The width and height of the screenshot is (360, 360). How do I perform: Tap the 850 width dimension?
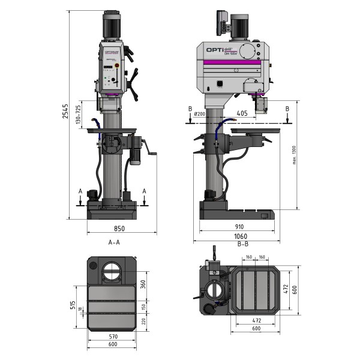pos(119,229)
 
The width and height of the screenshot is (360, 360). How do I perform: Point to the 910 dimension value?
pos(239,227)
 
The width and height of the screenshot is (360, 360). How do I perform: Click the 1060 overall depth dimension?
pos(239,236)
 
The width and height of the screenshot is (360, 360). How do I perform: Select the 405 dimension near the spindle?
pos(242,112)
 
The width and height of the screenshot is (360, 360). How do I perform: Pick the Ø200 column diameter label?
pos(200,113)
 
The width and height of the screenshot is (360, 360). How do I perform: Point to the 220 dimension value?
pos(143,322)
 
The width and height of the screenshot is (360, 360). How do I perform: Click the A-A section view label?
pos(114,242)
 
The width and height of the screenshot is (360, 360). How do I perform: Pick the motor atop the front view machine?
pos(112,25)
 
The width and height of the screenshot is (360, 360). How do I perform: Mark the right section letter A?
pos(145,191)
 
